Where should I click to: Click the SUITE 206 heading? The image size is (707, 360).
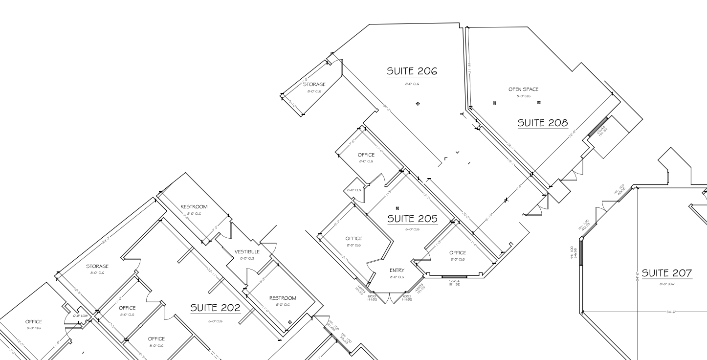click(412, 71)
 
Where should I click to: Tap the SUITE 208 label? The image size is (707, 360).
click(543, 123)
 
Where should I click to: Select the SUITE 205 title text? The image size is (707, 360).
click(412, 219)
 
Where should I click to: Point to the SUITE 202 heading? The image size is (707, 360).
click(215, 308)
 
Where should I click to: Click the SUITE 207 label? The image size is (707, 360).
click(666, 273)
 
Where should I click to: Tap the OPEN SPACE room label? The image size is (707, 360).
click(523, 90)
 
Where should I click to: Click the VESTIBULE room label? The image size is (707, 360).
click(247, 252)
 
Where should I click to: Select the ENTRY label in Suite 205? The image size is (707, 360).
click(397, 270)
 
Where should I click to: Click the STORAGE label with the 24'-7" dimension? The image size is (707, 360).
click(97, 267)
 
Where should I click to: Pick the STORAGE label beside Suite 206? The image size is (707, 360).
click(314, 85)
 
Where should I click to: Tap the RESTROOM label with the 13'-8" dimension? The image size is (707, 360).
click(194, 207)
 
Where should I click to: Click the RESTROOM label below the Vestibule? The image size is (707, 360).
click(283, 298)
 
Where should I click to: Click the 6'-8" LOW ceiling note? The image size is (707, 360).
click(80, 316)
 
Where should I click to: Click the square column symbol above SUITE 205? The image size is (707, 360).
click(397, 208)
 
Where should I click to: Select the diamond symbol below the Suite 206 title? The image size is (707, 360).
click(418, 104)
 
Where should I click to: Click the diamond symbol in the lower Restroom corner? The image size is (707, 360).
click(290, 322)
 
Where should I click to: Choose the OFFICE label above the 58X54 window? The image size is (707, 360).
click(458, 253)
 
